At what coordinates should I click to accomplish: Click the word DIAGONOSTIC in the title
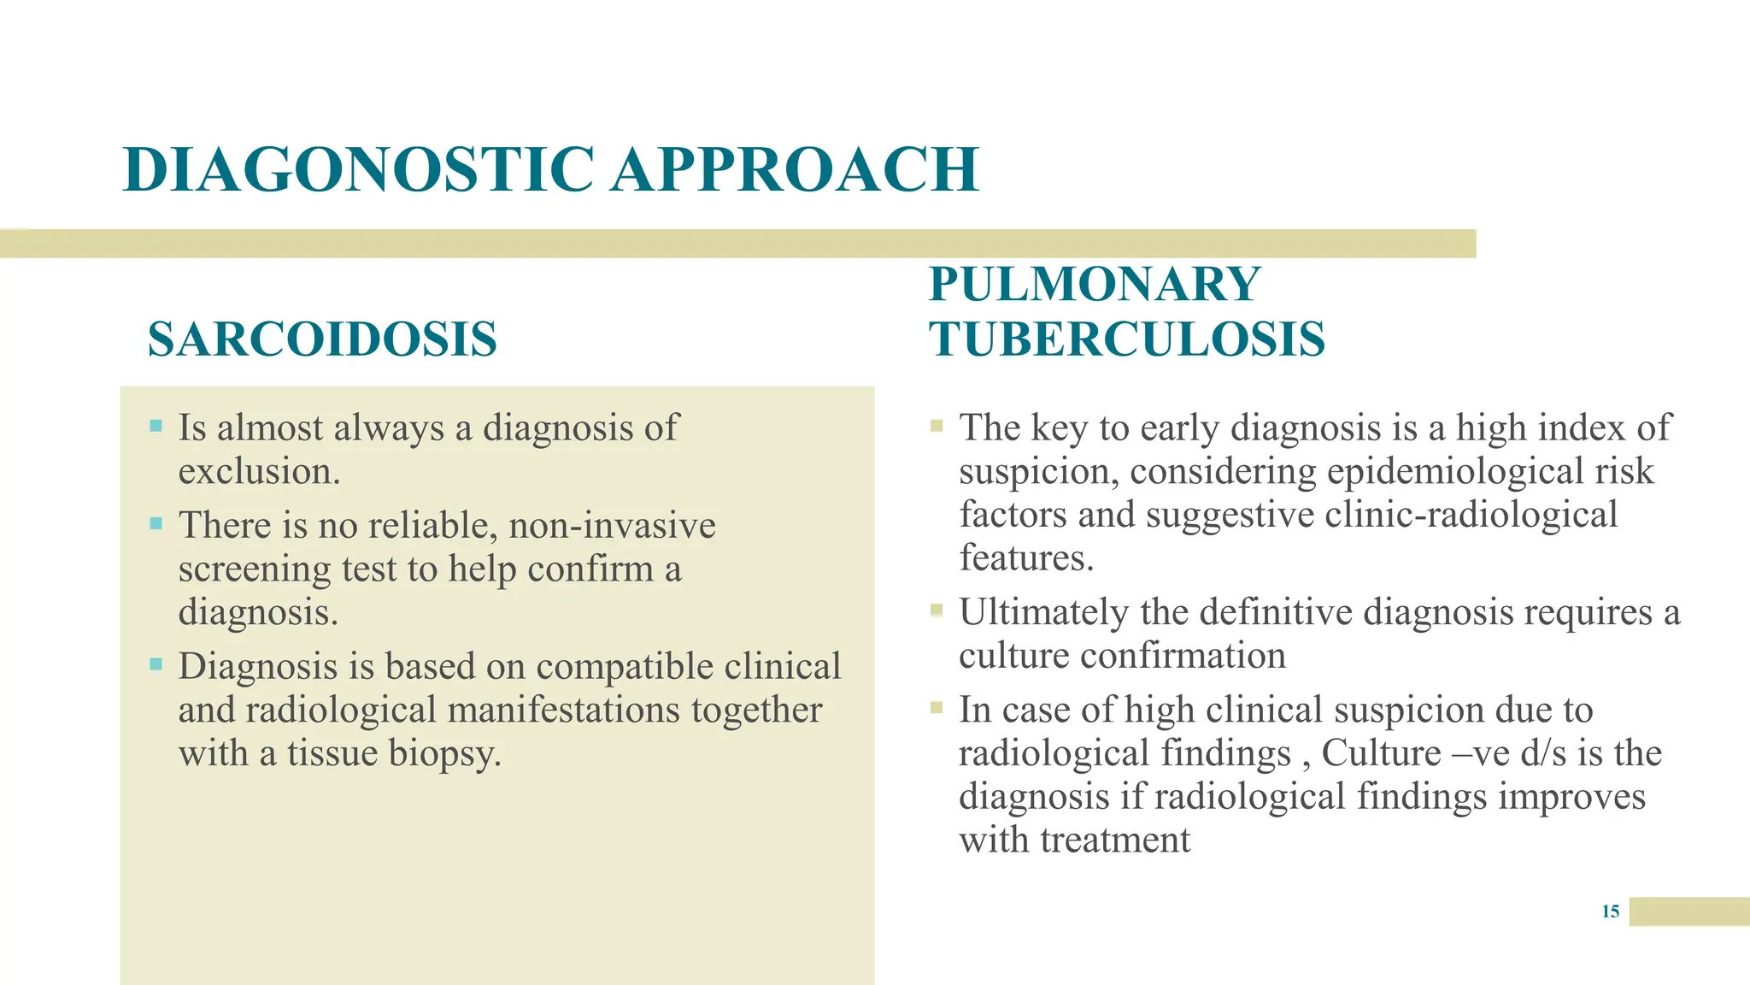coord(359,169)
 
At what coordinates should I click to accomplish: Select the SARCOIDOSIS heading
coord(322,339)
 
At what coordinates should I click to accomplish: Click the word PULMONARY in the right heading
coord(1095,285)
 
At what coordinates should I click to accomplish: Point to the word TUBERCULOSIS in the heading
coord(1127,339)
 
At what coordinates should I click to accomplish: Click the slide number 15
coord(1611,911)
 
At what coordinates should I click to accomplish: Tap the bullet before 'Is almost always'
coord(156,425)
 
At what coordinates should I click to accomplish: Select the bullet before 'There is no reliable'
coord(156,522)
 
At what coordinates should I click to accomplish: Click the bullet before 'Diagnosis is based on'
coord(156,664)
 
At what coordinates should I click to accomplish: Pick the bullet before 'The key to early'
coord(937,425)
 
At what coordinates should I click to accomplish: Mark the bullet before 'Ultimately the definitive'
coord(937,610)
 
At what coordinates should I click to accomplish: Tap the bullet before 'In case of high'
coord(937,707)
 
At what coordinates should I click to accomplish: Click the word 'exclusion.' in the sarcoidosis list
coord(259,472)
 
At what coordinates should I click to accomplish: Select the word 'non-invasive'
coord(612,526)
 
